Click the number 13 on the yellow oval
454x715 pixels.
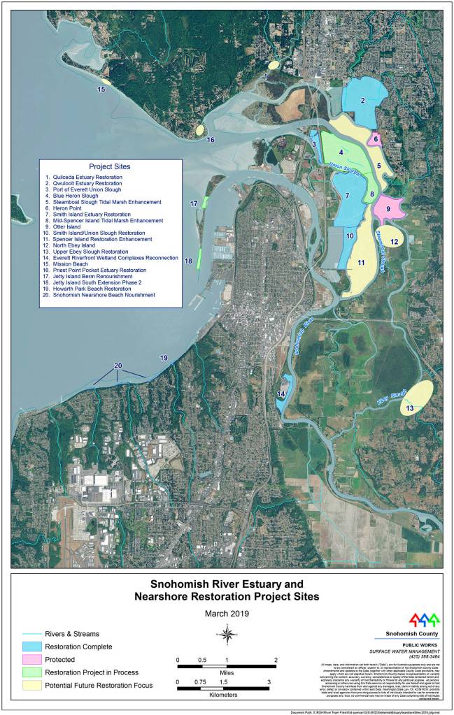[410, 408]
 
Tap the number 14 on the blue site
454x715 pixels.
[281, 395]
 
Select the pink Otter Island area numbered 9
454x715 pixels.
[388, 209]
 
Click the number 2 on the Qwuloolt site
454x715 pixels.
[363, 101]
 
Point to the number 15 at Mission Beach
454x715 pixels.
[101, 89]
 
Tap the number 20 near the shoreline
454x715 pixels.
[118, 366]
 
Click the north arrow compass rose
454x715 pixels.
[227, 634]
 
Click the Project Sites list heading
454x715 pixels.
[111, 166]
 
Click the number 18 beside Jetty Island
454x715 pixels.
[188, 261]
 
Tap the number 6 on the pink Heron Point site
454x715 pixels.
[376, 139]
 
